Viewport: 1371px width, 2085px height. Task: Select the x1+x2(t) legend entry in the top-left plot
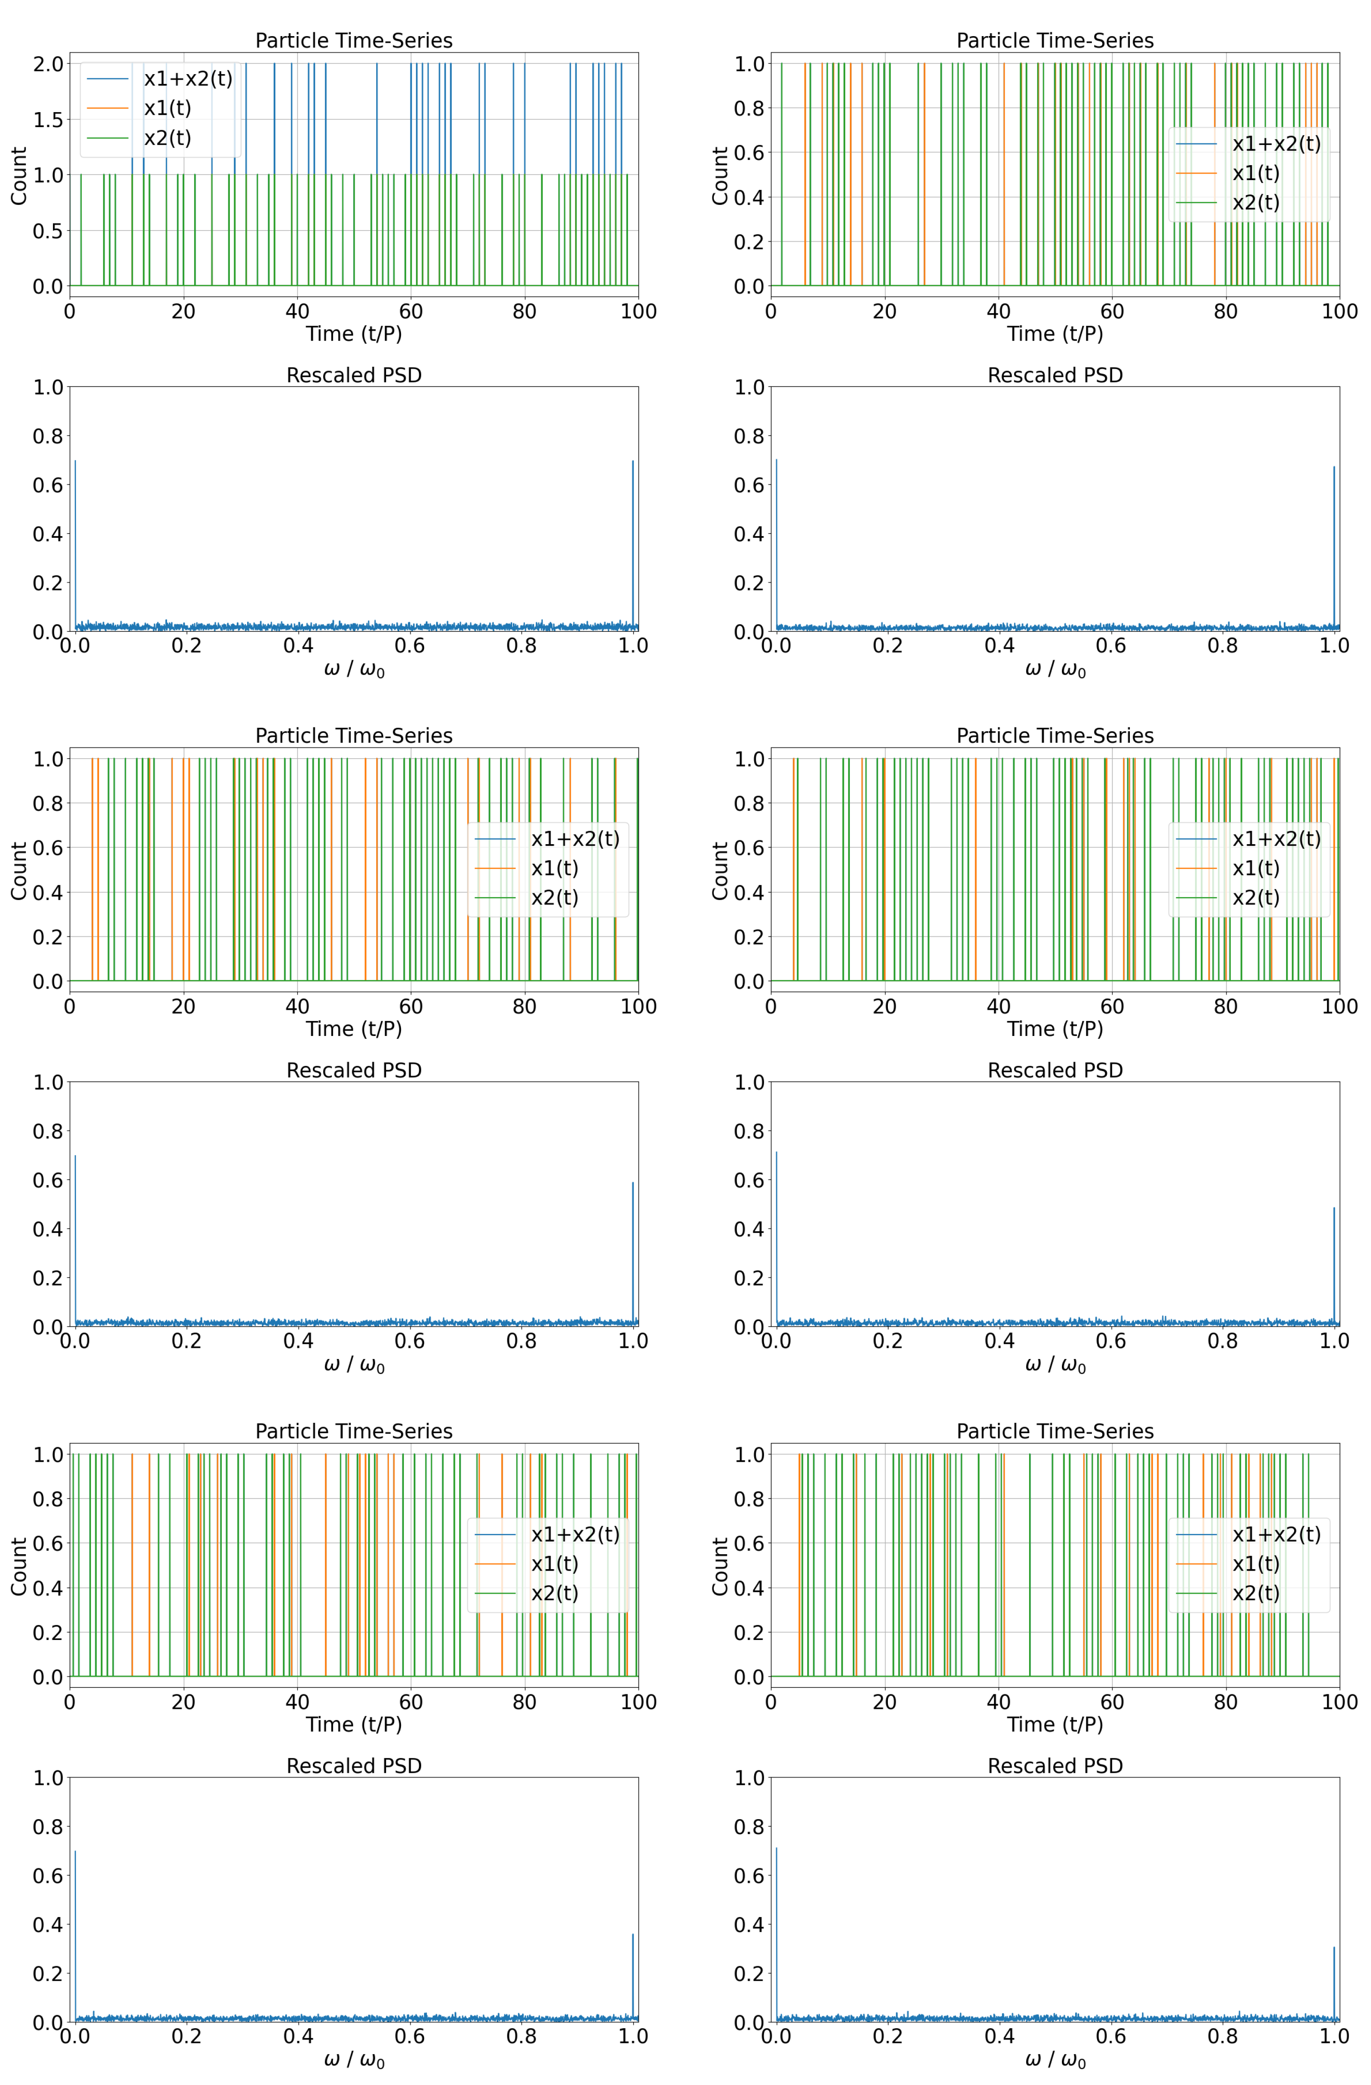pos(188,79)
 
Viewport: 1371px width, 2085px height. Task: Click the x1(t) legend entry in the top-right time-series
pos(1255,174)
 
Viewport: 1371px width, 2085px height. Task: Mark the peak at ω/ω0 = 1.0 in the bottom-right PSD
pos(1333,1948)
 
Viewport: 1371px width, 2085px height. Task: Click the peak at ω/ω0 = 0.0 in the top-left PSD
pos(76,461)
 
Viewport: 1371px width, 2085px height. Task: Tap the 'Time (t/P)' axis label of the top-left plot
pos(353,334)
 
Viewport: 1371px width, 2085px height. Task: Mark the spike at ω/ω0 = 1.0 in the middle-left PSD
pos(633,1185)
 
